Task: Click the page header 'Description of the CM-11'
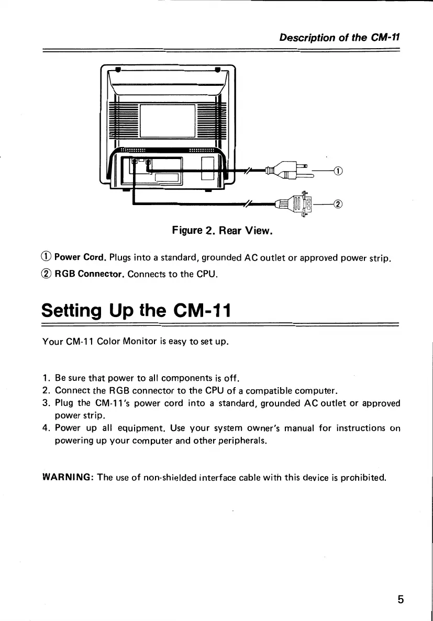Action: pyautogui.click(x=339, y=37)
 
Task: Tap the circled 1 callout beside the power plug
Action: pyautogui.click(x=338, y=171)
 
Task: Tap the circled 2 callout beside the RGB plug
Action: pyautogui.click(x=338, y=204)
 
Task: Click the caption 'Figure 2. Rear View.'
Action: pyautogui.click(x=223, y=230)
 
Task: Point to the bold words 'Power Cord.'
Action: pyautogui.click(x=81, y=257)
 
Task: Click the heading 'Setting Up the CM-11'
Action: pyautogui.click(x=136, y=312)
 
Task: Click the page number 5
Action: pyautogui.click(x=401, y=600)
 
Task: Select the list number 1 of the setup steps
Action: pyautogui.click(x=46, y=378)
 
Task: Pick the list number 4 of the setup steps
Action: pyautogui.click(x=46, y=428)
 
